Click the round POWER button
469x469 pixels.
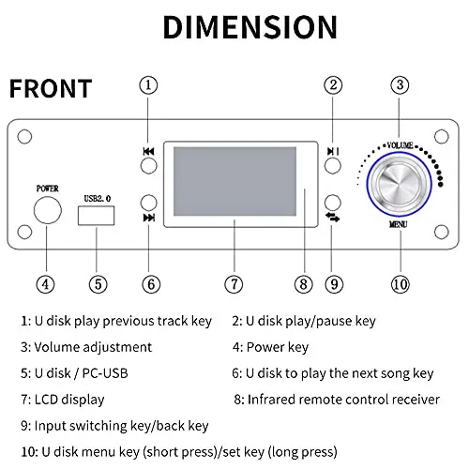[48, 210]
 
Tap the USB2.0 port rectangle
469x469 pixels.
[97, 216]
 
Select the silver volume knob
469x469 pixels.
[399, 184]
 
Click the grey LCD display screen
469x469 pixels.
[234, 181]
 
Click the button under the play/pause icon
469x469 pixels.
[333, 166]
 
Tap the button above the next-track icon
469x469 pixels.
[149, 203]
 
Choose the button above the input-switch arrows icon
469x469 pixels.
[333, 203]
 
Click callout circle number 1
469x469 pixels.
[148, 85]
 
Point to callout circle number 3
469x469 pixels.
[400, 85]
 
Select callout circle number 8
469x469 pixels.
[303, 284]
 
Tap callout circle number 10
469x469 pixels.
[401, 284]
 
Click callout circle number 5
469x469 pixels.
[98, 284]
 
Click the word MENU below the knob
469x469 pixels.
[398, 224]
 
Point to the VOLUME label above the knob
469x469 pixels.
[400, 145]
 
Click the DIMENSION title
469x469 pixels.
[250, 27]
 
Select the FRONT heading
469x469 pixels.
[51, 88]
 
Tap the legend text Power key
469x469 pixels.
[278, 347]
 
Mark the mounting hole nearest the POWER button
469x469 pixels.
[24, 232]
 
